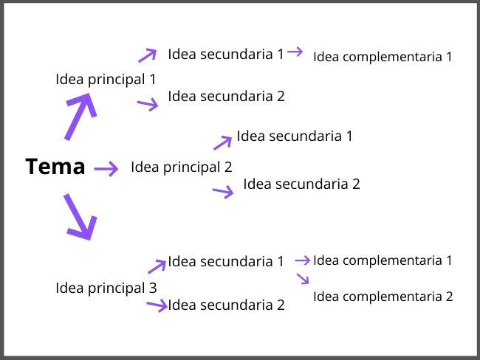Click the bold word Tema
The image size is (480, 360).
[x=55, y=167]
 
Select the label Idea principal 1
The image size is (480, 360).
[x=106, y=79]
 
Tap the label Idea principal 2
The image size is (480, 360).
[x=181, y=167]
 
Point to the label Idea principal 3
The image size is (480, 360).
[x=106, y=288]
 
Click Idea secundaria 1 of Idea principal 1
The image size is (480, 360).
[x=225, y=54]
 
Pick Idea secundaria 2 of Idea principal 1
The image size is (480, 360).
[x=226, y=96]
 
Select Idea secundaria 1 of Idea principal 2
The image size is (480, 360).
[x=295, y=136]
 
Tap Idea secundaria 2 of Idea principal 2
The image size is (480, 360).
[x=301, y=184]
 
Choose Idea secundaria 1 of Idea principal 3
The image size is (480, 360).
[x=225, y=261]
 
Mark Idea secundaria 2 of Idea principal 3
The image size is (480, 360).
[x=226, y=305]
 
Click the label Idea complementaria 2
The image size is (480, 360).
[x=383, y=297]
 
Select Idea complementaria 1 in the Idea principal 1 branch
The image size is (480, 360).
[x=382, y=56]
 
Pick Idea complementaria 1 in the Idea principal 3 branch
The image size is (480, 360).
[x=382, y=260]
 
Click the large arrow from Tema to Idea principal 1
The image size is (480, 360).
[x=80, y=117]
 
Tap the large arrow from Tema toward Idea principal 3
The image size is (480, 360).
[x=79, y=218]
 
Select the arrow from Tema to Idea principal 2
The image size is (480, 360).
[x=106, y=169]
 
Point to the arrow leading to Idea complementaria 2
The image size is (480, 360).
[x=302, y=279]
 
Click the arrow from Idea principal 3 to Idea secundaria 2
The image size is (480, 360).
[x=157, y=305]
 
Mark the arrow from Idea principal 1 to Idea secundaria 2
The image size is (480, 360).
[x=148, y=104]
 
